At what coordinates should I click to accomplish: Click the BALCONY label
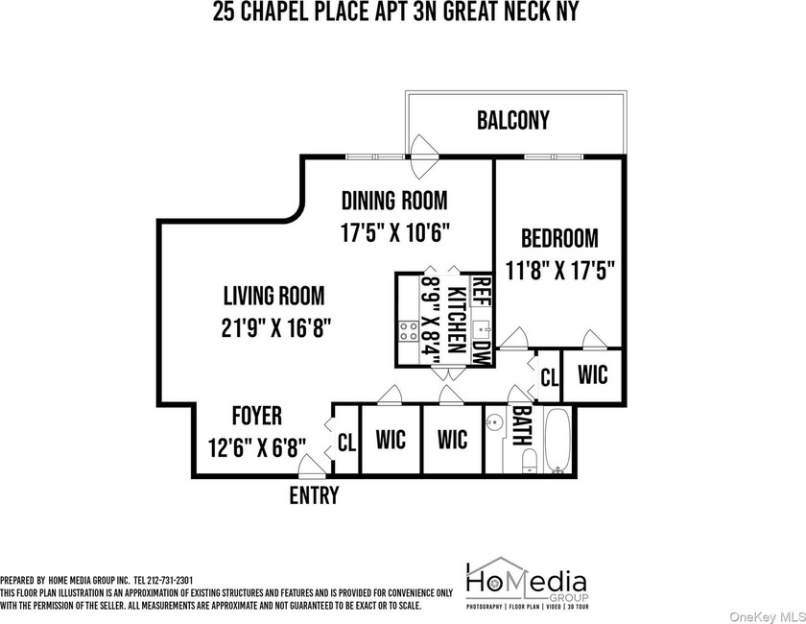pyautogui.click(x=513, y=120)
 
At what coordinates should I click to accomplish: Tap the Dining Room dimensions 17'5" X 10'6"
pyautogui.click(x=395, y=232)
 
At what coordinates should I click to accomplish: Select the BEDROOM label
pyautogui.click(x=559, y=239)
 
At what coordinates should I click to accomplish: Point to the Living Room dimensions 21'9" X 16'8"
pyautogui.click(x=275, y=327)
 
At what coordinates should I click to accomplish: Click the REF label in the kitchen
pyautogui.click(x=482, y=291)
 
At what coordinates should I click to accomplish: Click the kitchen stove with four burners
pyautogui.click(x=409, y=331)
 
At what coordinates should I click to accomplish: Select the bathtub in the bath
pyautogui.click(x=557, y=441)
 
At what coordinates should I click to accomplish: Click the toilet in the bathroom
pyautogui.click(x=529, y=461)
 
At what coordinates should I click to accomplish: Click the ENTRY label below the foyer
pyautogui.click(x=314, y=494)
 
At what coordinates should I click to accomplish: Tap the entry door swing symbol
pyautogui.click(x=312, y=466)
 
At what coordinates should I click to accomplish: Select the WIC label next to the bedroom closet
pyautogui.click(x=593, y=374)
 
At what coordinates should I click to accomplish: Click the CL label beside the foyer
pyautogui.click(x=347, y=442)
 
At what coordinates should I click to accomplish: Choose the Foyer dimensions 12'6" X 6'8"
pyautogui.click(x=257, y=447)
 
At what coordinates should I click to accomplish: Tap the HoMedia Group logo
pyautogui.click(x=527, y=584)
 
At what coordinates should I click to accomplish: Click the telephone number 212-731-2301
pyautogui.click(x=171, y=581)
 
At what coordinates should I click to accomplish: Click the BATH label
pyautogui.click(x=522, y=426)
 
